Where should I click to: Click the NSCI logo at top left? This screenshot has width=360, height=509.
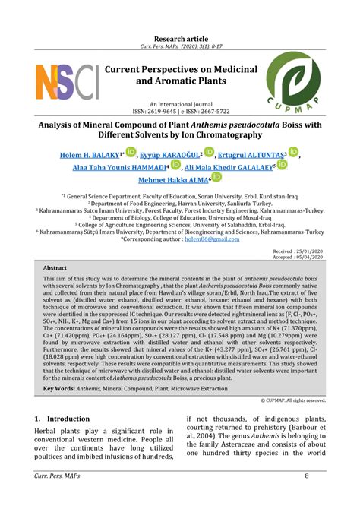point(67,84)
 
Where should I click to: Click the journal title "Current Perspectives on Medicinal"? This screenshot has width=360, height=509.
point(180,70)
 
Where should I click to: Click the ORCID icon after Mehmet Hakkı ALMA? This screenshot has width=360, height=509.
point(216,178)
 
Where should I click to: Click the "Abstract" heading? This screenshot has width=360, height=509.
point(55,268)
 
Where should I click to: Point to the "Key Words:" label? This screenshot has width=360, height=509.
point(58,389)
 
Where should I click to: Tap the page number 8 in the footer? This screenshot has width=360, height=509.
point(307,497)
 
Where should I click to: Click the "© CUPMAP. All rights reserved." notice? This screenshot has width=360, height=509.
point(293,400)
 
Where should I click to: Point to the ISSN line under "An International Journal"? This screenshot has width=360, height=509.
point(180,110)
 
